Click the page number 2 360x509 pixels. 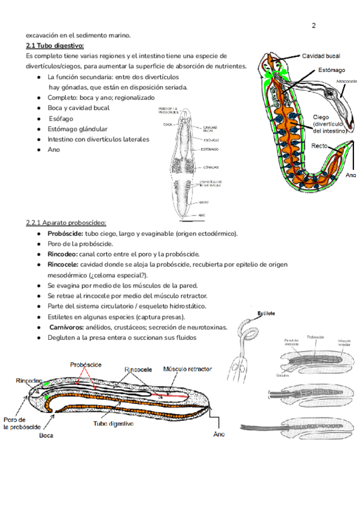coord(314,26)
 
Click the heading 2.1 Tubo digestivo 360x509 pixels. coord(55,46)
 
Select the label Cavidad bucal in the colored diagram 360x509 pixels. coord(320,56)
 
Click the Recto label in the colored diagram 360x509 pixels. coord(319,146)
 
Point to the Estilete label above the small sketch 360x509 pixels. coord(266,313)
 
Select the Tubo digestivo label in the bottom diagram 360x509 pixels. coord(113,424)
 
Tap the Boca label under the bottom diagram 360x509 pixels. coord(47,436)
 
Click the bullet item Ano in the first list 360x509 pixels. coord(54,150)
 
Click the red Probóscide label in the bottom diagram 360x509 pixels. coord(86,364)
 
